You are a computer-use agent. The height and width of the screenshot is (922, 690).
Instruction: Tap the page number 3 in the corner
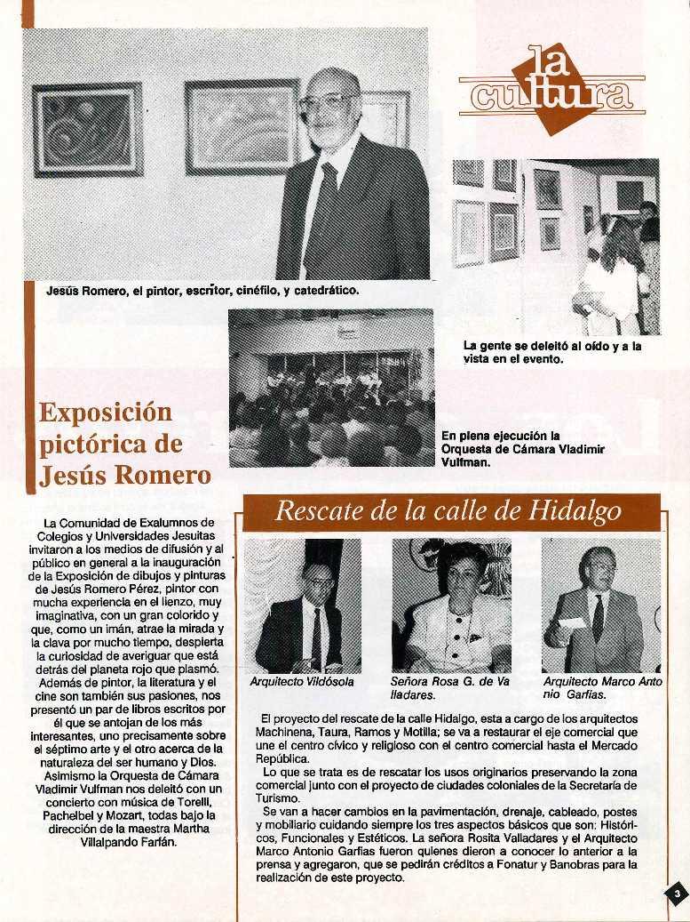click(675, 894)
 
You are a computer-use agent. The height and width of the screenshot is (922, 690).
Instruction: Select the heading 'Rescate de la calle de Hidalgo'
click(448, 511)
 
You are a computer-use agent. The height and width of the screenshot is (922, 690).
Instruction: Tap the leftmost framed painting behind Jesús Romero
click(87, 130)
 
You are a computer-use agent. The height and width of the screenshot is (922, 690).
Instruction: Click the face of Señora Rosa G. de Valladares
click(460, 577)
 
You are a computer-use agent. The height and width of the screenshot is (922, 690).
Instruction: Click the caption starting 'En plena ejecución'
click(522, 449)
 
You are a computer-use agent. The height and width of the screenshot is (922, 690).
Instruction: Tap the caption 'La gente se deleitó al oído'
click(551, 353)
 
